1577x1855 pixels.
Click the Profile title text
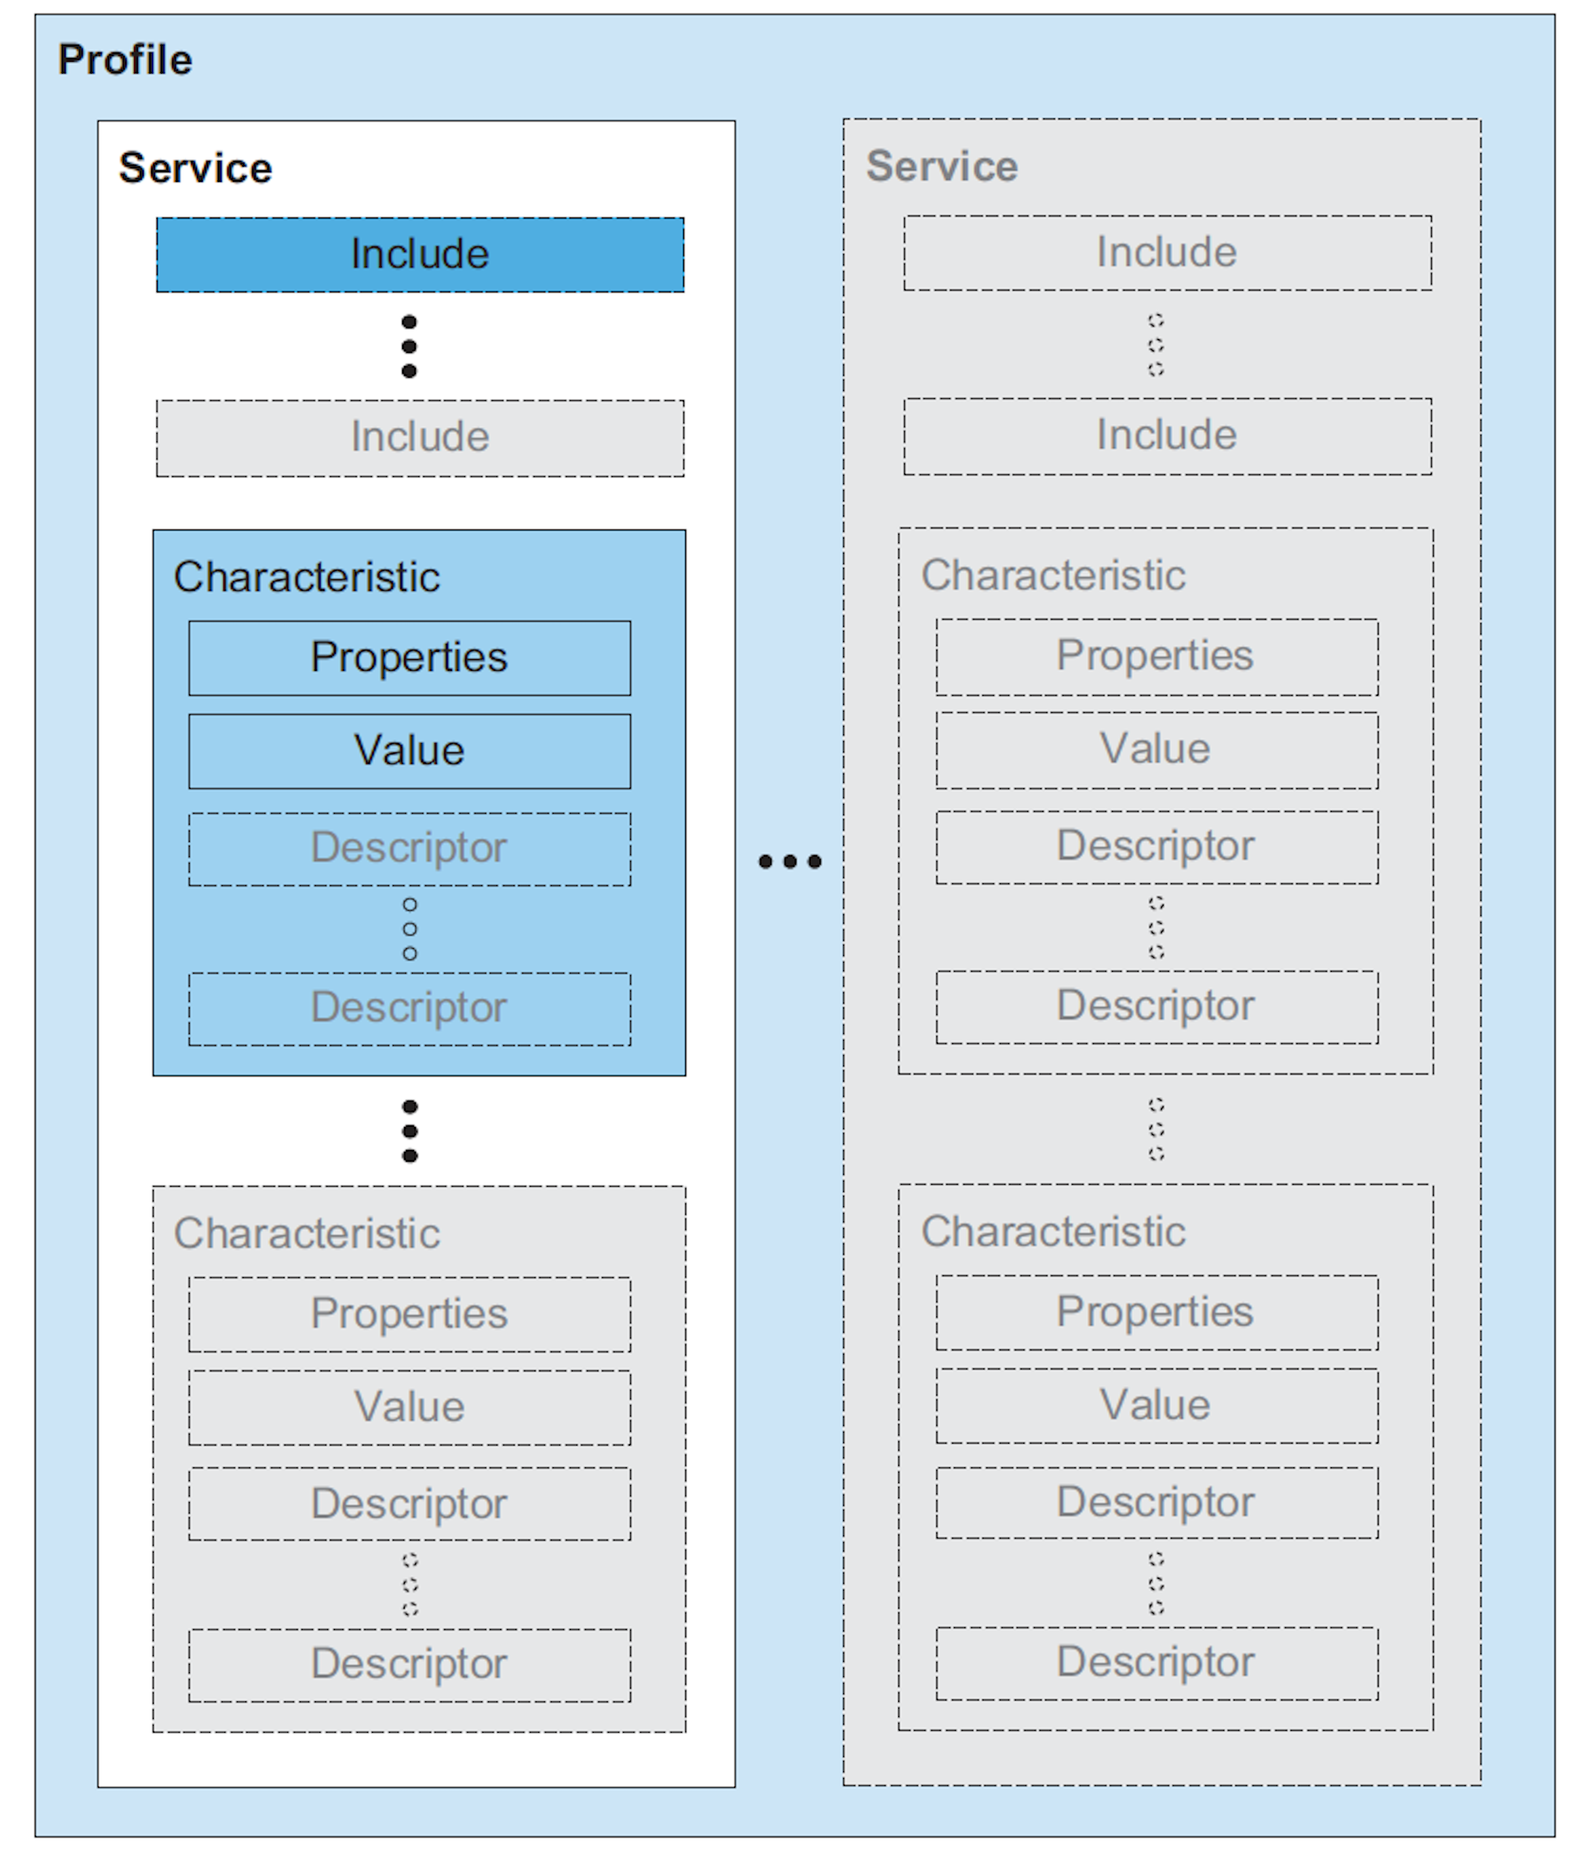click(125, 60)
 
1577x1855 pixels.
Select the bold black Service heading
click(195, 168)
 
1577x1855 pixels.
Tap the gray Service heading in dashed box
click(942, 166)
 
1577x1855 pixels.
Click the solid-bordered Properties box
click(409, 658)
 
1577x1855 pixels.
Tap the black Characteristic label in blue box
click(307, 577)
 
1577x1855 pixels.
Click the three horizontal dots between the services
click(789, 862)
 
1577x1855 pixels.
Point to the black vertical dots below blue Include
click(409, 347)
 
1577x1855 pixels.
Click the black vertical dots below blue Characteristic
click(409, 1131)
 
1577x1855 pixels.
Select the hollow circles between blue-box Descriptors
click(409, 929)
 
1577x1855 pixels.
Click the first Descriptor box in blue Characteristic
click(409, 848)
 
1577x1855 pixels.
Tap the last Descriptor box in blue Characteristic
click(409, 1009)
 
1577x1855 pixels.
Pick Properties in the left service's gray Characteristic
click(409, 1314)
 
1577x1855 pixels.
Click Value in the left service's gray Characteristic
click(409, 1407)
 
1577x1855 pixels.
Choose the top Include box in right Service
click(1167, 253)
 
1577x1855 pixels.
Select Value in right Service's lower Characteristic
click(1157, 1406)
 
